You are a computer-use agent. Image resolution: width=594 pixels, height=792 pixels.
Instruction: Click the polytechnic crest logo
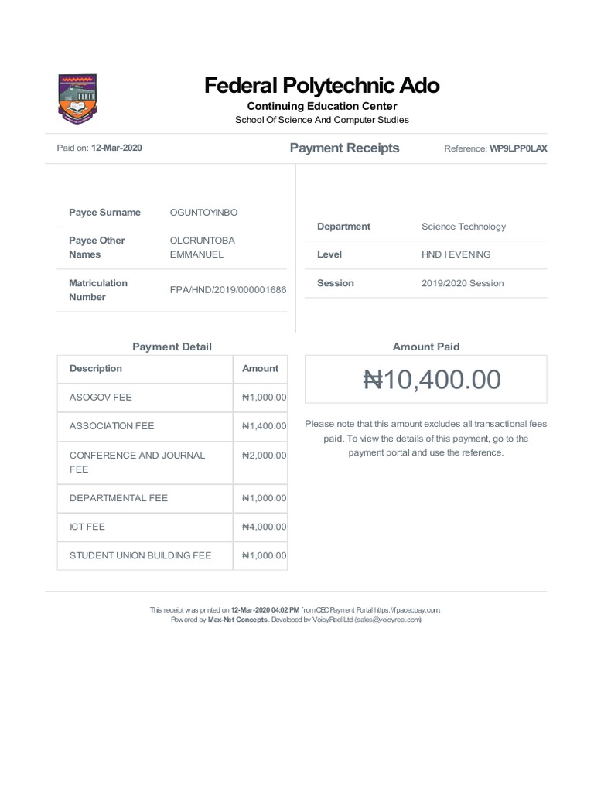pos(77,98)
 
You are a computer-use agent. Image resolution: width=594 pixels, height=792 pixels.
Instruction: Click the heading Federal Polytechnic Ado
pos(322,85)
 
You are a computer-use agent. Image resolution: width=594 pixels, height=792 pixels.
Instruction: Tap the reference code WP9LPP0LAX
pos(518,148)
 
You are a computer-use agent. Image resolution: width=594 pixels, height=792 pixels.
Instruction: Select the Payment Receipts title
pos(344,148)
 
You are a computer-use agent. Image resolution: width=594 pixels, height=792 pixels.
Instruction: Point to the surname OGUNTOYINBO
pos(204,213)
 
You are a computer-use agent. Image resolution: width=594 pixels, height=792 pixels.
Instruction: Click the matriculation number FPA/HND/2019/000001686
pos(228,290)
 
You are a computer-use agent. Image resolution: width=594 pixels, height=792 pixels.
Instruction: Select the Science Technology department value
pos(463,227)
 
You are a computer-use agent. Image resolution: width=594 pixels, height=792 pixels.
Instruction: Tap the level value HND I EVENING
pos(456,254)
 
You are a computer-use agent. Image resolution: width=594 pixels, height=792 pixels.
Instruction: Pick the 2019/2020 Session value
pos(462,283)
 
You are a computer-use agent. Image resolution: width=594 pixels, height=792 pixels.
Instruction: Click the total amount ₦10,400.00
pos(432,380)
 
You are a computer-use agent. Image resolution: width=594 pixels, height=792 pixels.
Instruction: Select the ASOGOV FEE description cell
pos(101,398)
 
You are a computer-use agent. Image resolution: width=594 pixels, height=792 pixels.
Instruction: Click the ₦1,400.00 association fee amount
pos(264,426)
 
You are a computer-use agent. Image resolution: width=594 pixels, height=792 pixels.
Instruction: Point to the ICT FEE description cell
pos(87,527)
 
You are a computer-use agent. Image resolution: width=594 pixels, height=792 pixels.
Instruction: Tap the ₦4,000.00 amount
pos(264,527)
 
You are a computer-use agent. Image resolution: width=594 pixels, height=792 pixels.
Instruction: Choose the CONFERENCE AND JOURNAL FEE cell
pos(137,463)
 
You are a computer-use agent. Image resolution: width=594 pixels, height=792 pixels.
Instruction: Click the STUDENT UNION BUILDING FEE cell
pos(140,555)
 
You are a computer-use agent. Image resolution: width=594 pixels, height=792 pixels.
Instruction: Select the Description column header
pos(96,369)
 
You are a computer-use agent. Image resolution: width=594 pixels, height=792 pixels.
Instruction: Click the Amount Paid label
pos(425,347)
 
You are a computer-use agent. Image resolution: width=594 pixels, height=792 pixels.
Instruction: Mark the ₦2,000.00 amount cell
pos(264,456)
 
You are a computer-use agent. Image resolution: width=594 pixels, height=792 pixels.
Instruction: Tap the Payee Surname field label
pos(104,213)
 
